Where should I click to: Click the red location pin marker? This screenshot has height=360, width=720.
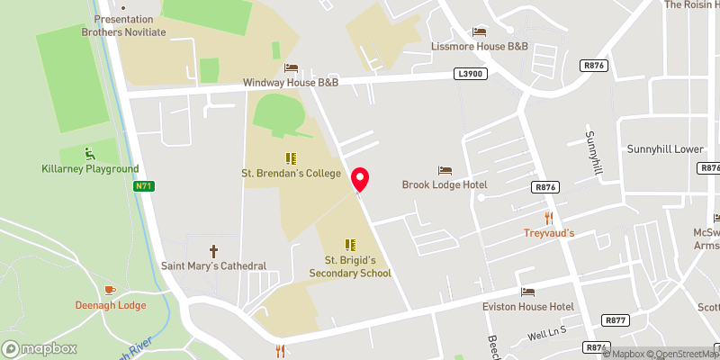coord(361,178)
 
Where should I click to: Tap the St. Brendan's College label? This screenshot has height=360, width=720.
coord(291,173)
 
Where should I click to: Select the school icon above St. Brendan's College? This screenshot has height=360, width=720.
coord(291,157)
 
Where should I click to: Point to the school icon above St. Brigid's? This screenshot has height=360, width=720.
coord(350,244)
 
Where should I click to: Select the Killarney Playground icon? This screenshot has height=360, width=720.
coord(89,153)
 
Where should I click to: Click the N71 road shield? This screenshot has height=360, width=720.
coord(142,186)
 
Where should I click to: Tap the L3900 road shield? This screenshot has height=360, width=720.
coord(471,75)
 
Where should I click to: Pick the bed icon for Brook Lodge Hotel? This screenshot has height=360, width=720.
coord(444,170)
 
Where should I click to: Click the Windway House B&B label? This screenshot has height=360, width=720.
coord(291,82)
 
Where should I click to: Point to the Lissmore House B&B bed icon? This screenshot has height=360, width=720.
coord(479,32)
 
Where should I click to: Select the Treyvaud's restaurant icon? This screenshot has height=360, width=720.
coord(548,218)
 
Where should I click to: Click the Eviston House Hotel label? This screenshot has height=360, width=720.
coord(528,306)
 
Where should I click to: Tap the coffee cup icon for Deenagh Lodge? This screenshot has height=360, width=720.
coord(110,290)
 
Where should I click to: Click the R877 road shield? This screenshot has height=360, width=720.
coord(616,319)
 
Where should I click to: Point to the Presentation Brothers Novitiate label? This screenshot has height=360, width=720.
coord(123,24)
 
